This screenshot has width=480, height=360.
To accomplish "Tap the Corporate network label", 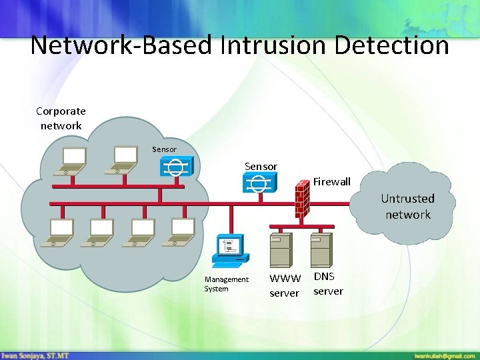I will click(61, 118).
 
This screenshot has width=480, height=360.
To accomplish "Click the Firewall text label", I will click(331, 181).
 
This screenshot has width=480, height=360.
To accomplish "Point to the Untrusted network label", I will click(407, 206).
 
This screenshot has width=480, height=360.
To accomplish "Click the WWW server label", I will click(285, 285).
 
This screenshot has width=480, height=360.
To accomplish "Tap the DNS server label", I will click(328, 283).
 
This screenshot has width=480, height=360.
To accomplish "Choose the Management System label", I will click(226, 284).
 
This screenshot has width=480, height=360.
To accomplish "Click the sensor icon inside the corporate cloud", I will click(176, 167).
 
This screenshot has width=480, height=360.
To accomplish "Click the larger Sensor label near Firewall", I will click(261, 166).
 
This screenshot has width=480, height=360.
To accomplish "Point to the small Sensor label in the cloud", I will click(164, 149).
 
